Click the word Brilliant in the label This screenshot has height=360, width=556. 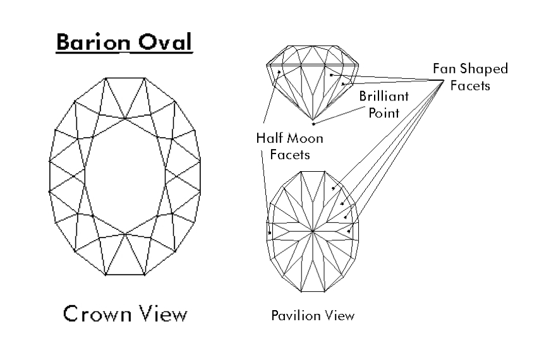coord(384,97)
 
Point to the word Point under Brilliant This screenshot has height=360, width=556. coord(384,114)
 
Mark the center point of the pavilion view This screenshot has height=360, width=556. coord(313,232)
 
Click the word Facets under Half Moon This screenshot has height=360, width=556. coord(286,154)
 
